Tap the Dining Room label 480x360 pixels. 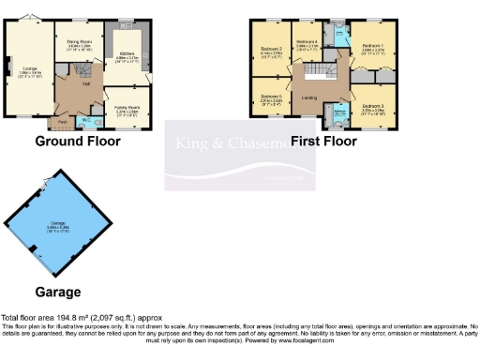pyautogui.click(x=78, y=40)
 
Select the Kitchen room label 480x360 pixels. pyautogui.click(x=126, y=54)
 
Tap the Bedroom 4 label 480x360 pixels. pyautogui.click(x=307, y=42)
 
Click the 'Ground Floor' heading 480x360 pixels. pyautogui.click(x=78, y=142)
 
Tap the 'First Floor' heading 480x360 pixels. pyautogui.click(x=323, y=142)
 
